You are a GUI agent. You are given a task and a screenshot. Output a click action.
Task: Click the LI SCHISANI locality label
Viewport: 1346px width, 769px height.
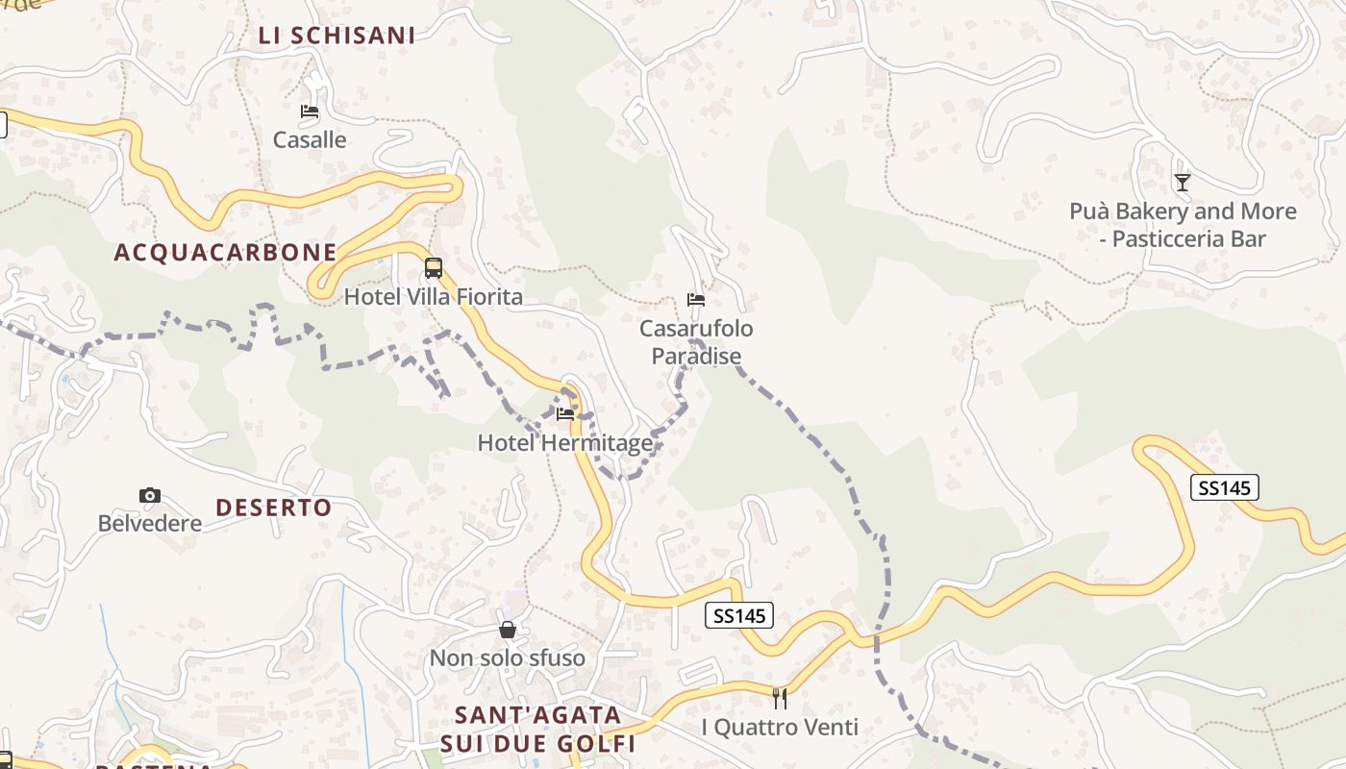(336, 36)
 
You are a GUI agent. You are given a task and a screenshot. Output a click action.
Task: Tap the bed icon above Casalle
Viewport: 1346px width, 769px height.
(310, 112)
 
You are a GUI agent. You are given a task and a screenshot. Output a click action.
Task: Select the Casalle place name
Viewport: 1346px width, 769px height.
(310, 140)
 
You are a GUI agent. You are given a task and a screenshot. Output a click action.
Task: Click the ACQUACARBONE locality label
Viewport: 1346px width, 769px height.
(225, 253)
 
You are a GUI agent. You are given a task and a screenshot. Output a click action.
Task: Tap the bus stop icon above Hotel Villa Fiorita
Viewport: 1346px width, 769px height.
(434, 268)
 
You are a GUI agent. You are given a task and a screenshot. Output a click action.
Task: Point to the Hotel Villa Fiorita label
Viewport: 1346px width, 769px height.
(434, 297)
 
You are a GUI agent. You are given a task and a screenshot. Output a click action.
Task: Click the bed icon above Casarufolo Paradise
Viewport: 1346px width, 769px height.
(696, 300)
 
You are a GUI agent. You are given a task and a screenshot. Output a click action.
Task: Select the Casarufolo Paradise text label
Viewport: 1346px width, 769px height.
(697, 342)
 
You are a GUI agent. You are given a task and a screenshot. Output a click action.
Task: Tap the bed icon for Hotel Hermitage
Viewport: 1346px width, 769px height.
(565, 414)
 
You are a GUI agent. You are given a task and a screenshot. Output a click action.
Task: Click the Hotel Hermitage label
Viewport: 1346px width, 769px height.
(565, 443)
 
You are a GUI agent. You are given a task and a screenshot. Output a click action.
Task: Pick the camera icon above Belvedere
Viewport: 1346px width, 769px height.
(150, 496)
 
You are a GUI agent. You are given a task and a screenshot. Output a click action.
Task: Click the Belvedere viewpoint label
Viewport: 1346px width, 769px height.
(150, 524)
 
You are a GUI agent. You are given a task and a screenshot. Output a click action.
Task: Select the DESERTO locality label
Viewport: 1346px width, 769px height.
(273, 508)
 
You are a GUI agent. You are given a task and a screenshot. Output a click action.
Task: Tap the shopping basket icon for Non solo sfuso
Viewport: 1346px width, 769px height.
(508, 631)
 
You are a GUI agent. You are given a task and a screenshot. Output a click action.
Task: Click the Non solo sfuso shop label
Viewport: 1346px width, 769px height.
(508, 658)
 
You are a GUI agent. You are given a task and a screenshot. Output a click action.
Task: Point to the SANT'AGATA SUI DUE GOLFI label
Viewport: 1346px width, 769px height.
(538, 730)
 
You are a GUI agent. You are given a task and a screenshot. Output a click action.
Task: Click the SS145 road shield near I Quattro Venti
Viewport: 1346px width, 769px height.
(739, 616)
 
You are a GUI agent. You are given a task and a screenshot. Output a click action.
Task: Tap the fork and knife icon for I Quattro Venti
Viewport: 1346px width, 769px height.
(780, 699)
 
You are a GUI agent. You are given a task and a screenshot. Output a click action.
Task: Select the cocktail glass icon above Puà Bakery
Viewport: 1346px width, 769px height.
(1183, 183)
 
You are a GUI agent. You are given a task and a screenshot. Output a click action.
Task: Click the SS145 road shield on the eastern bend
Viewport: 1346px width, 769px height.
(1224, 488)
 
